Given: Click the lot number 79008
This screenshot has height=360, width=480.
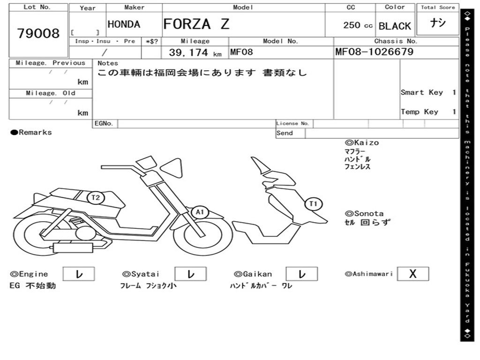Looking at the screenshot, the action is (x=38, y=34).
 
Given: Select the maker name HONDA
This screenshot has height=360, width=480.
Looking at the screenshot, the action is (x=124, y=24).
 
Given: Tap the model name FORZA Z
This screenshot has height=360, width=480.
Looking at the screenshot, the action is (x=196, y=24).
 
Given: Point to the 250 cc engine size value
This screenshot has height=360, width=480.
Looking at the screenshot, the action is (x=358, y=25).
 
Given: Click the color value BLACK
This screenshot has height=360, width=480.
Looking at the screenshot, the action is (x=395, y=26).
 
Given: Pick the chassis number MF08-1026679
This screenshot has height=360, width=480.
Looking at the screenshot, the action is (x=374, y=52).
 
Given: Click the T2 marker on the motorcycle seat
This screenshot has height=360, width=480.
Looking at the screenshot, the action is (x=96, y=197).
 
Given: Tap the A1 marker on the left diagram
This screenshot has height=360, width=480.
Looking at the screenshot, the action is (x=200, y=212).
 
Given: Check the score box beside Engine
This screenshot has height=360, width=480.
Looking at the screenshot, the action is (x=78, y=274).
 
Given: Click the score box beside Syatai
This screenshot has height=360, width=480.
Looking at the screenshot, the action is (x=190, y=274).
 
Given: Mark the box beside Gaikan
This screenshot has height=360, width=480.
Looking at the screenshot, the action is (x=301, y=274).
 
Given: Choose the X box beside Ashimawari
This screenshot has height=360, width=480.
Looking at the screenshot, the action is (x=412, y=274).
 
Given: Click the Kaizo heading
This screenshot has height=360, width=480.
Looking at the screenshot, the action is (x=362, y=142).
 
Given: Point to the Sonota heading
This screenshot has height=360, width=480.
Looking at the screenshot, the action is (x=364, y=214).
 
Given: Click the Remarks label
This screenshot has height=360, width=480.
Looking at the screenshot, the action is (x=31, y=133).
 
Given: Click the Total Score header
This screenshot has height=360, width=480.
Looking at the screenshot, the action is (x=438, y=7).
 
